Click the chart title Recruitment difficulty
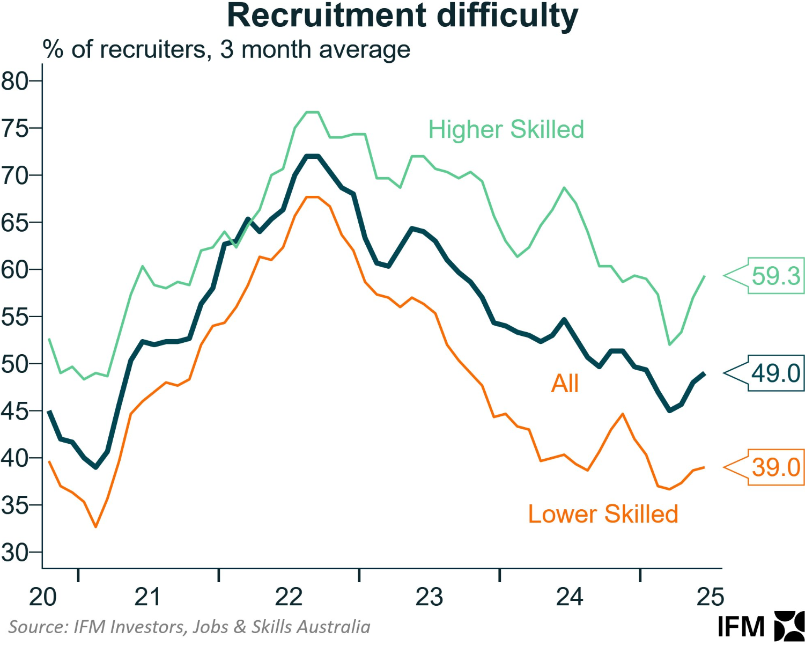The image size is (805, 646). point(402,16)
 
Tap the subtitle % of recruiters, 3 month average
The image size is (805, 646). point(226,49)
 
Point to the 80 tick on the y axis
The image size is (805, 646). point(14,81)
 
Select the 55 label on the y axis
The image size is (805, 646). point(14,317)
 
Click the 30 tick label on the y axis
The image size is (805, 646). point(14,552)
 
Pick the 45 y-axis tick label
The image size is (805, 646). point(14,411)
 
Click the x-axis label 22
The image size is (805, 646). point(289,597)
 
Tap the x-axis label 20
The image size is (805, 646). point(42,597)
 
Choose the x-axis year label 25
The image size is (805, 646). point(710,597)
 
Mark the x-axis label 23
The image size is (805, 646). point(429,597)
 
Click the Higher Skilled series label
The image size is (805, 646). point(506,129)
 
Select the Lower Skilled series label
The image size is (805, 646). point(603,514)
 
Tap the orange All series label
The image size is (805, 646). point(565,384)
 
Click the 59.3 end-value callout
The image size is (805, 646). point(776,276)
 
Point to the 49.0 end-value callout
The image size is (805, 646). point(776,373)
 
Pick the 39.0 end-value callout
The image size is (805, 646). point(776,467)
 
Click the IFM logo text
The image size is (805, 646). point(741,627)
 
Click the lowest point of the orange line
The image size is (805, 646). point(96,527)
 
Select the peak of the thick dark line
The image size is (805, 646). point(312,156)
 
